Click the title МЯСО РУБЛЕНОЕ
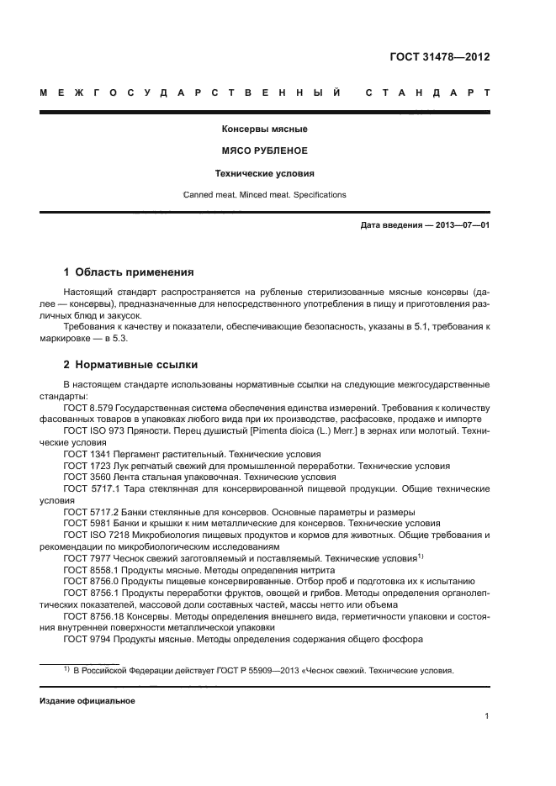pyautogui.click(x=265, y=151)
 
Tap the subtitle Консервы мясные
pyautogui.click(x=265, y=129)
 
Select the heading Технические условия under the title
pyautogui.click(x=265, y=173)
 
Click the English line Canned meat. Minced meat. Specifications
pyautogui.click(x=265, y=195)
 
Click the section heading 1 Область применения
pyautogui.click(x=130, y=272)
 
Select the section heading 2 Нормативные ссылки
pyautogui.click(x=132, y=366)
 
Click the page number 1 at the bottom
pyautogui.click(x=487, y=717)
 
